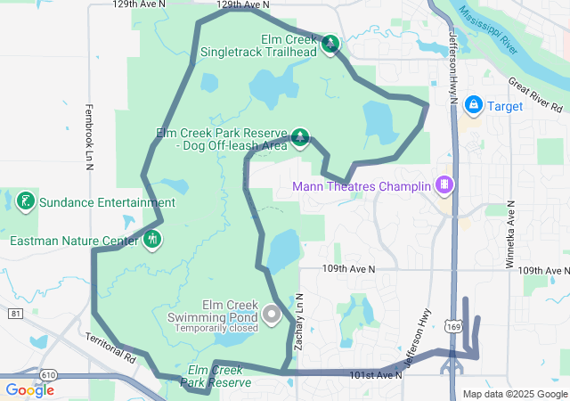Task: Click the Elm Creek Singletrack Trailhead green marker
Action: [x=330, y=43]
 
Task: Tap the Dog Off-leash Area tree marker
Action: [x=301, y=136]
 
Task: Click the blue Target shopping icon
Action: [x=474, y=106]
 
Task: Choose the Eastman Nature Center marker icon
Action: [x=152, y=239]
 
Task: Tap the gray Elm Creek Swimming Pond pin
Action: [x=273, y=314]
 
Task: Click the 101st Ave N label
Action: [x=378, y=375]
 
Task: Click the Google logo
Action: [x=29, y=389]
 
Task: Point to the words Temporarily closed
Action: [x=217, y=327]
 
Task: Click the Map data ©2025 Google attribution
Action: [x=515, y=394]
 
